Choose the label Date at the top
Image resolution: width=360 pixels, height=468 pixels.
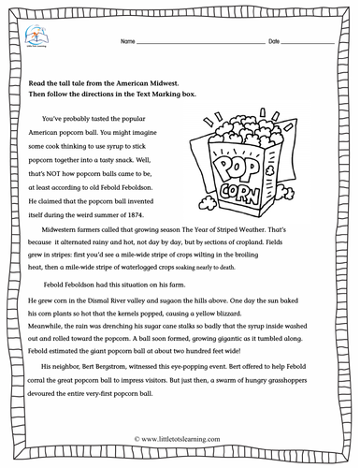coord(274,44)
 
